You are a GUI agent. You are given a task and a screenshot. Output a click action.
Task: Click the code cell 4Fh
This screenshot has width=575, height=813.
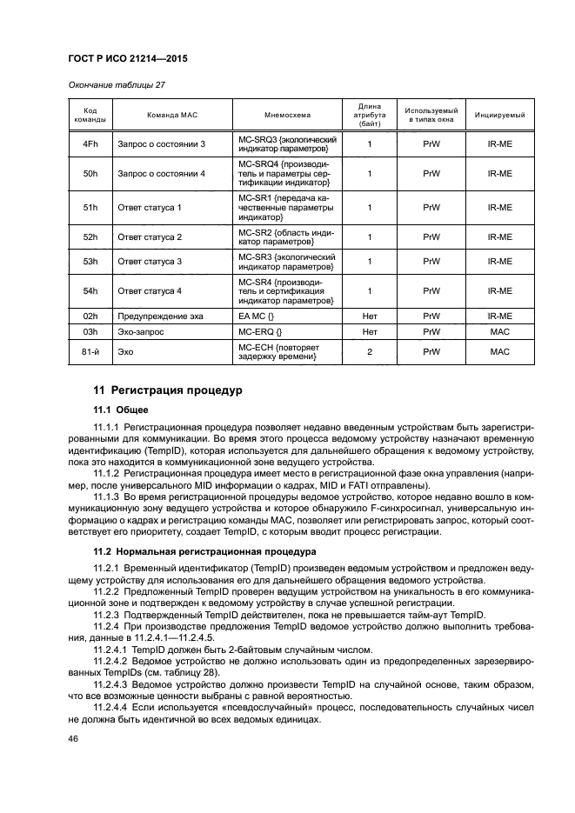[90, 143]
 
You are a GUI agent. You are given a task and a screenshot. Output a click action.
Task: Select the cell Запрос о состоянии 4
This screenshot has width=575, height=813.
[162, 173]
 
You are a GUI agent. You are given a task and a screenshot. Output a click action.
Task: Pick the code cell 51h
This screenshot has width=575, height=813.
[90, 208]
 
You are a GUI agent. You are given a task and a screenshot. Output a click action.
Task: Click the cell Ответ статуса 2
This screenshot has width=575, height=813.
[150, 237]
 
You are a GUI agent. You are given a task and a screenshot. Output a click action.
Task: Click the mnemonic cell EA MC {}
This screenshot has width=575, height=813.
[258, 317]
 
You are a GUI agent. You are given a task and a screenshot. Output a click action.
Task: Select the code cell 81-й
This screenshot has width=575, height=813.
[90, 351]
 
